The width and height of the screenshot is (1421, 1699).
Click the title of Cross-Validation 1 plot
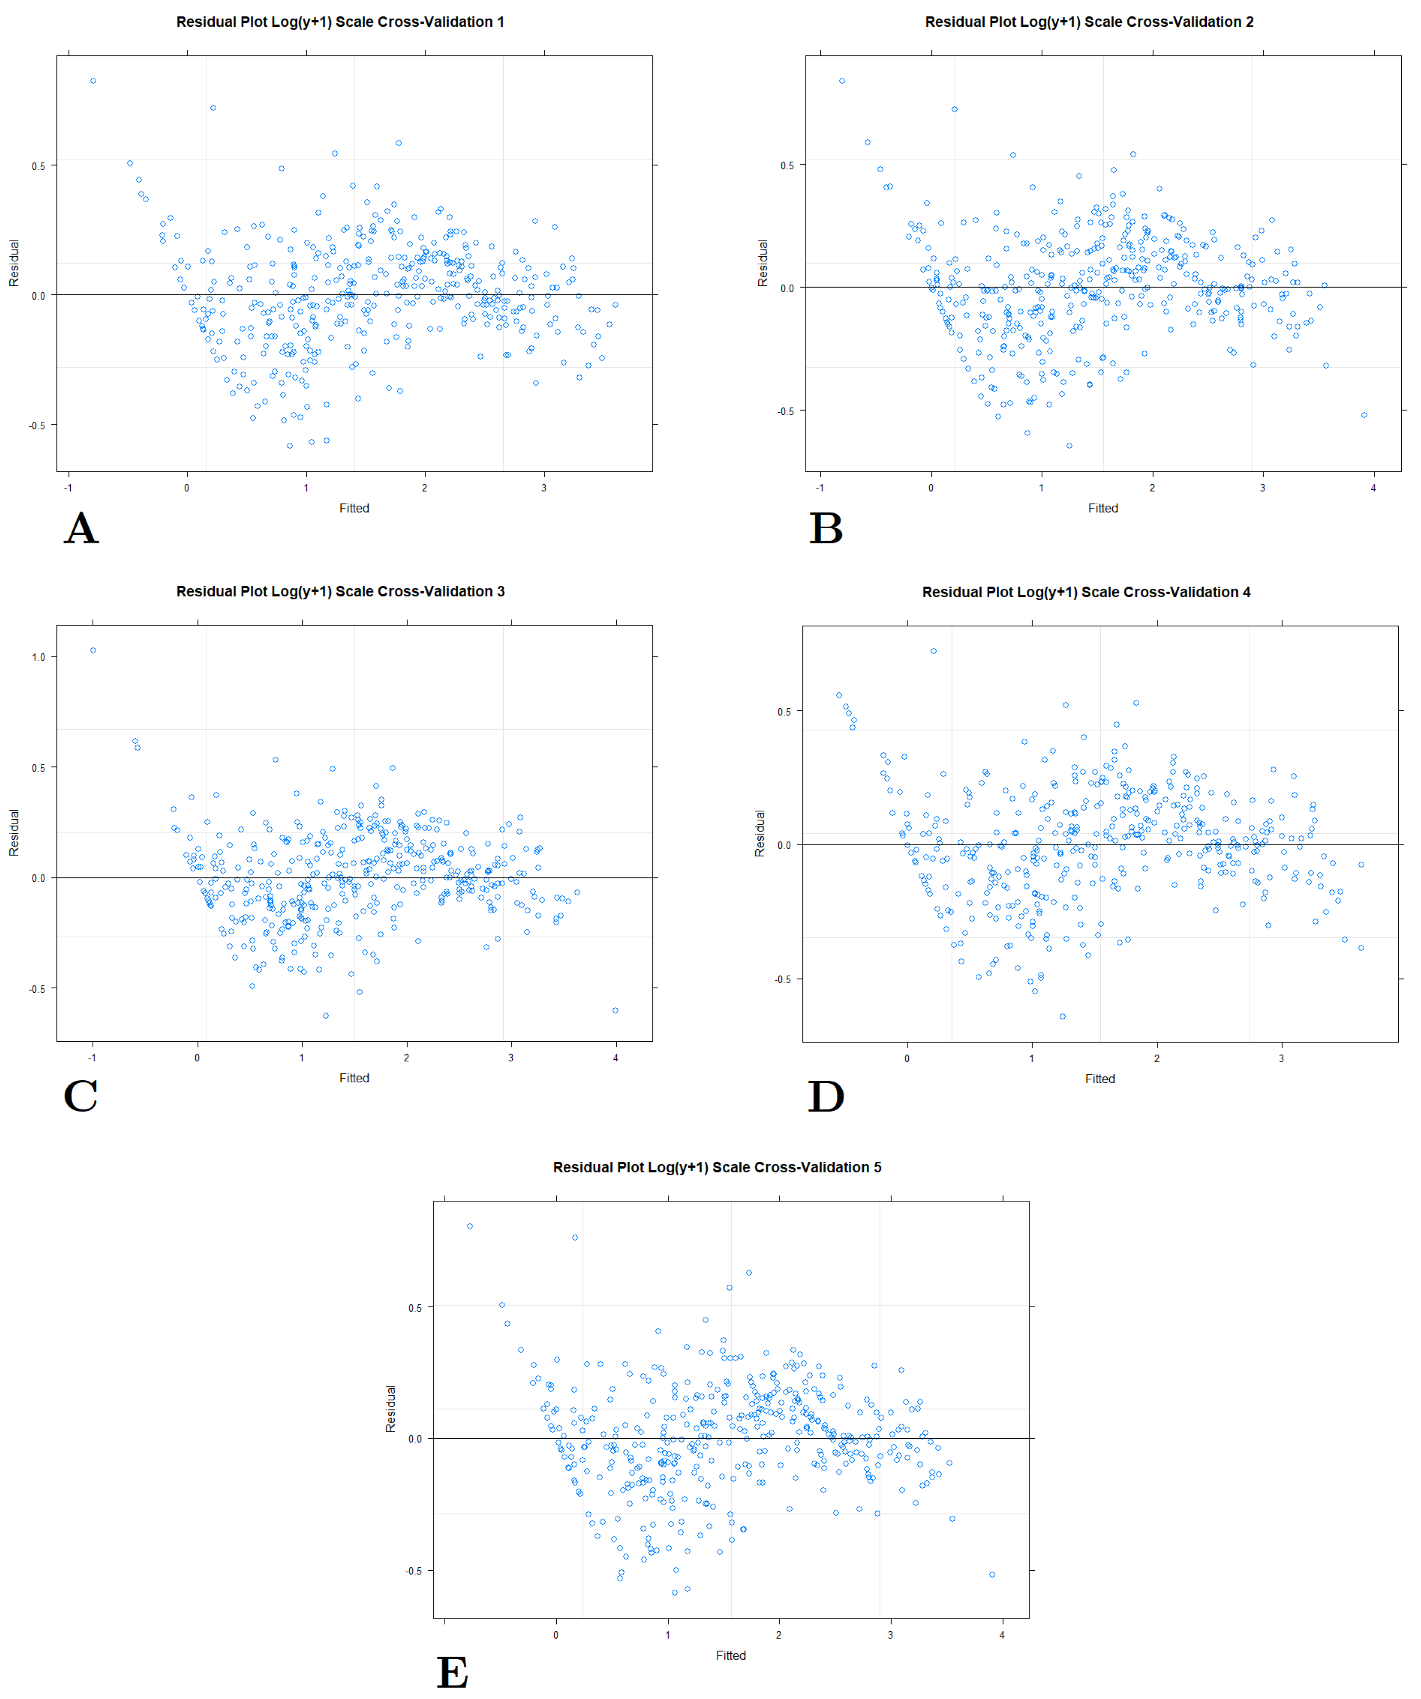tap(340, 22)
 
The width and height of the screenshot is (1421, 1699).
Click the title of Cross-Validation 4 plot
tap(1086, 592)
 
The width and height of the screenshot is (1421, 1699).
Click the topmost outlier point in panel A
tap(93, 81)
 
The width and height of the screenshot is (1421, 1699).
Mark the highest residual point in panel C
tap(93, 650)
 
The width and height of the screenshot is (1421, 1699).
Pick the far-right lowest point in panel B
tap(1364, 415)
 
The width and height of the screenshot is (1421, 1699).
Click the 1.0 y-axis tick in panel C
tap(38, 657)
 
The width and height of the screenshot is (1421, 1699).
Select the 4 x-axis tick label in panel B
tap(1373, 488)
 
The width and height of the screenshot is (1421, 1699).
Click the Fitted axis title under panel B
tap(1102, 508)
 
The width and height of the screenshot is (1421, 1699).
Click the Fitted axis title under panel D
tap(1100, 1078)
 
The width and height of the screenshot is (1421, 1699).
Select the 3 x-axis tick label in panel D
tap(1281, 1058)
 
